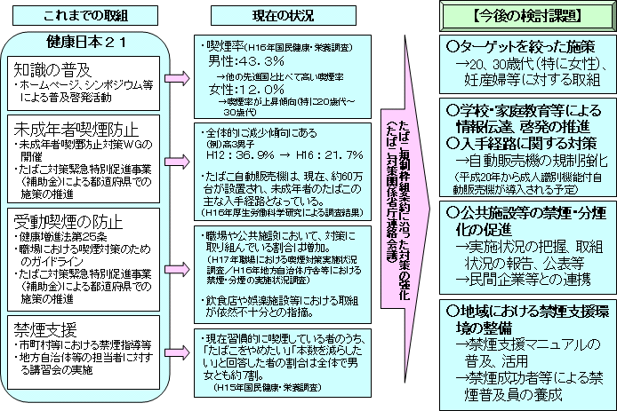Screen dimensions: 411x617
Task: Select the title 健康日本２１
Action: click(84, 43)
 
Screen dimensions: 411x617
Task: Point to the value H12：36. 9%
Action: click(239, 154)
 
